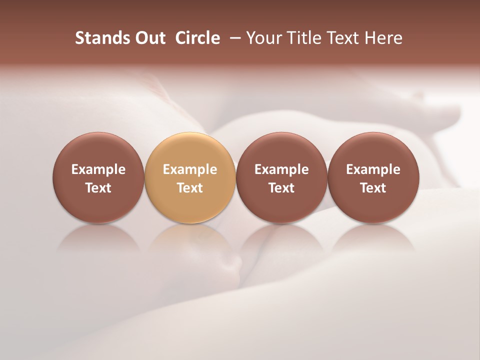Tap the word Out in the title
148,38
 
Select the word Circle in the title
197,38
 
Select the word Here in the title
384,38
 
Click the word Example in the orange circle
190,169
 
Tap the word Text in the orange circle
190,188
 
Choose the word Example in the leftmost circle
98,169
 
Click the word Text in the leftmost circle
98,188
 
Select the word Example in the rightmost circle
373,169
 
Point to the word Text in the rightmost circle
373,188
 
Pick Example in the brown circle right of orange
281,169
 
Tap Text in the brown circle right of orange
281,188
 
